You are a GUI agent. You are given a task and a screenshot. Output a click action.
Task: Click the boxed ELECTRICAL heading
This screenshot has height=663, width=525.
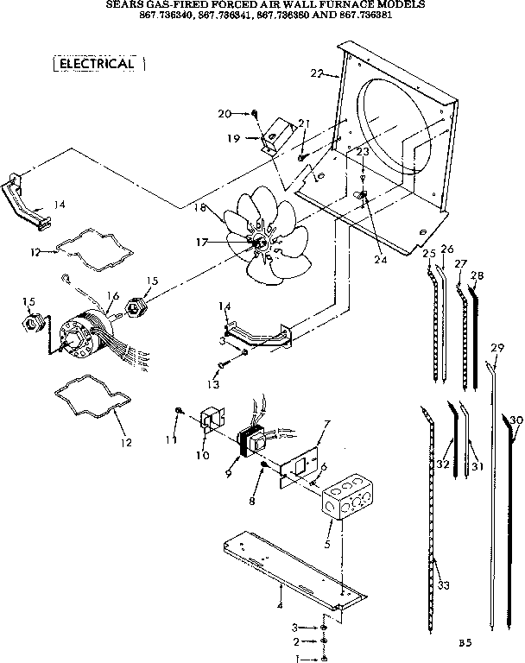click(x=97, y=65)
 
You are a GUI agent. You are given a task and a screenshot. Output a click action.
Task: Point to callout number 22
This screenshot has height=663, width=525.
click(x=317, y=74)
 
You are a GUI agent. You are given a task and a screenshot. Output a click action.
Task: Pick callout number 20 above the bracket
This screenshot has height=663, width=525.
click(x=225, y=113)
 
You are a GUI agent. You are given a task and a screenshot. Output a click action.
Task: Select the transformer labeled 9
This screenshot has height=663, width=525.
click(x=252, y=441)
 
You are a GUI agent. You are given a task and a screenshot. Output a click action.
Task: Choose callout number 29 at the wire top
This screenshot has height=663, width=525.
click(x=497, y=347)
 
